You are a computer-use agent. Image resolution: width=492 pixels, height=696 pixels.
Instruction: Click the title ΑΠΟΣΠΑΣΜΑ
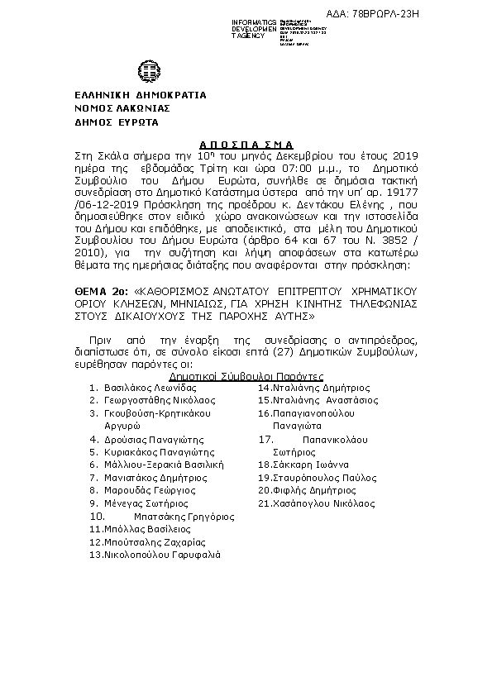click(246, 143)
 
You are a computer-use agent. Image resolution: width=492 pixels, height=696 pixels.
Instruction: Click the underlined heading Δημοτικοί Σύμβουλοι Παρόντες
click(246, 374)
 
